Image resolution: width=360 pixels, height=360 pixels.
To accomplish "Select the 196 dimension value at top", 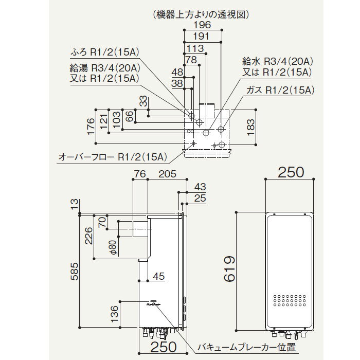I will (203, 25).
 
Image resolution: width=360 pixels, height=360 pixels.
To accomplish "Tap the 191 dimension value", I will (203, 36).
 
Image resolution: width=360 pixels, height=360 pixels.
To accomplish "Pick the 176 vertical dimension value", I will (91, 125).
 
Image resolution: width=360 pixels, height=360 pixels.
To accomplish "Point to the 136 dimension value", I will (115, 312).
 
